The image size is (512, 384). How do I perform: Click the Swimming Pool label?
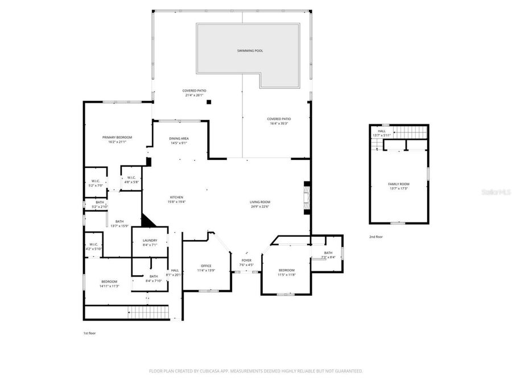250,51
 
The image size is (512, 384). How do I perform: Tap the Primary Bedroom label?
117,137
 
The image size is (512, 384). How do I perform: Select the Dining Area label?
179,138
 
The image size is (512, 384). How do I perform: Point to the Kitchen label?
176,197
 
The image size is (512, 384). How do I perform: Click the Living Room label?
260,202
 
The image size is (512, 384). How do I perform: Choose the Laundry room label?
150,241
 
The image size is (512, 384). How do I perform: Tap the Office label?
206,266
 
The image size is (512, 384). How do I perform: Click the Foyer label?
246,260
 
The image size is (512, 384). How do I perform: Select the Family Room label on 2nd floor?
399,184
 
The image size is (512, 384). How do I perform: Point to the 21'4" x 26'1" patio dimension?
195,96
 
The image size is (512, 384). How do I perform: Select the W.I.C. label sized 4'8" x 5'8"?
131,177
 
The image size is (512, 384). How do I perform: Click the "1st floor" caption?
89,333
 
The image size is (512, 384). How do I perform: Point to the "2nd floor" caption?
377,236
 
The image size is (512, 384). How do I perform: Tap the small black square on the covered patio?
209,102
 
